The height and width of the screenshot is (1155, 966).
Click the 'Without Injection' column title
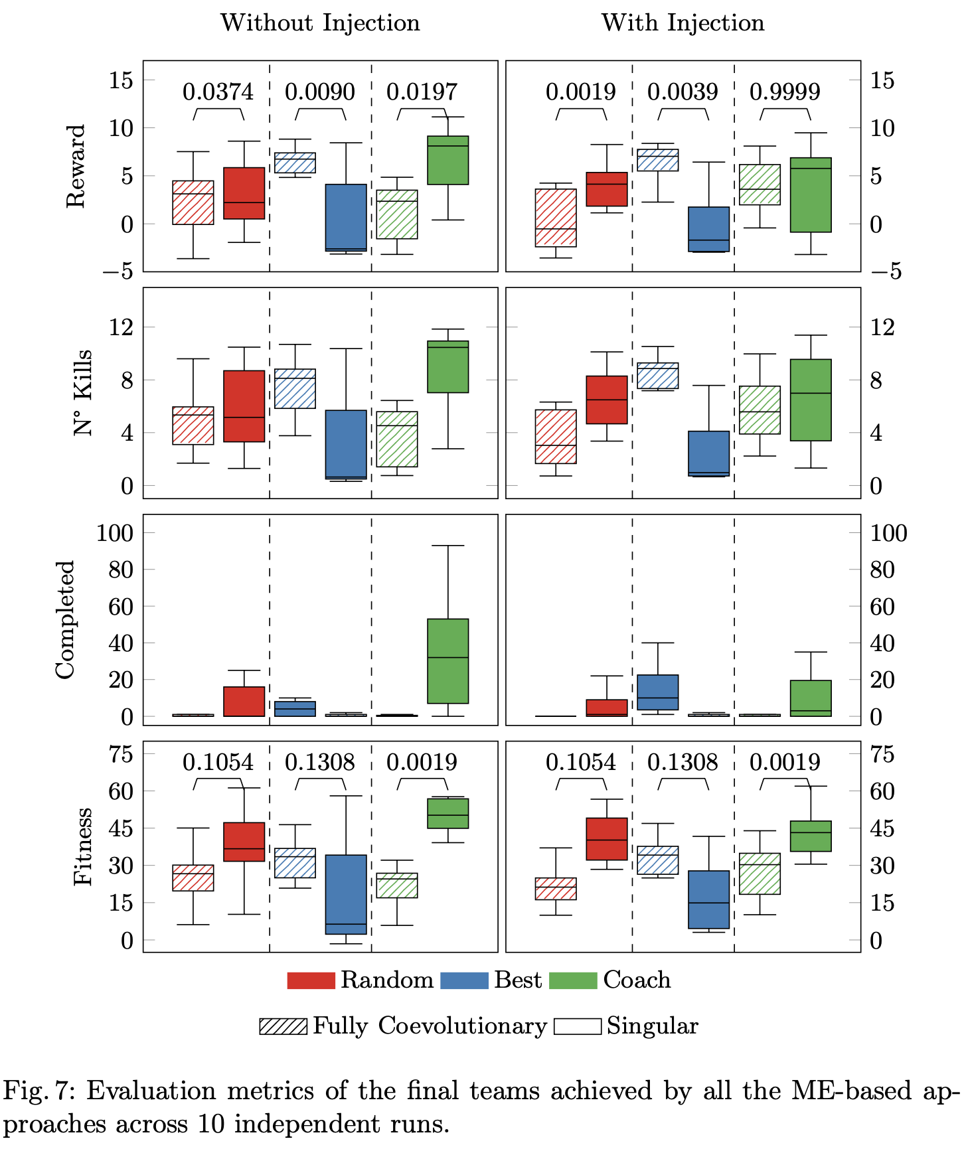320,23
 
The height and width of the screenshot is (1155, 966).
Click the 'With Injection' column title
683,23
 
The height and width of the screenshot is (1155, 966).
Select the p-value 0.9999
784,92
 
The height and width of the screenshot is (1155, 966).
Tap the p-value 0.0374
218,92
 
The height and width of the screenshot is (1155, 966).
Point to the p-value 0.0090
319,92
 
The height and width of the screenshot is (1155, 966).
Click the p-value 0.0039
683,92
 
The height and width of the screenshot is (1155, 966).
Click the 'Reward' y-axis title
76,166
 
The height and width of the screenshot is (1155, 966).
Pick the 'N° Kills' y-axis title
82,393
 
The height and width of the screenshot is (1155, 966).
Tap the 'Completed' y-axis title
65,620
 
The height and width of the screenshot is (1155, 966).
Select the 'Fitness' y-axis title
82,847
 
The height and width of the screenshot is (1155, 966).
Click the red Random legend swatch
311,981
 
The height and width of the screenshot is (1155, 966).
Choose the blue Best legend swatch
464,981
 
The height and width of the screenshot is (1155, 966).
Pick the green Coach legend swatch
573,981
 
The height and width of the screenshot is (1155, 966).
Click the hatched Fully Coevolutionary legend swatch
283,1026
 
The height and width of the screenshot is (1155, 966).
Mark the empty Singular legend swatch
577,1026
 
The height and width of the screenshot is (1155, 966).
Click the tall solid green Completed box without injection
448,661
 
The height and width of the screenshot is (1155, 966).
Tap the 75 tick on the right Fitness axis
882,754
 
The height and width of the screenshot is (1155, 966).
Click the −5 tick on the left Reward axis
118,271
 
